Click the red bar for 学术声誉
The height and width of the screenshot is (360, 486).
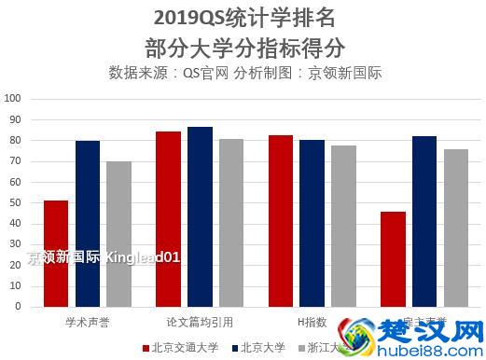56,254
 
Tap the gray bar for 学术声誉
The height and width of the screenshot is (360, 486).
118,234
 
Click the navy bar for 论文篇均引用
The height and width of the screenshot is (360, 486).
200,216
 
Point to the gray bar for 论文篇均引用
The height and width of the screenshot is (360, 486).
231,223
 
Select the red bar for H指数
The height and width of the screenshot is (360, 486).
281,221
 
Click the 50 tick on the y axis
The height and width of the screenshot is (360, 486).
16,202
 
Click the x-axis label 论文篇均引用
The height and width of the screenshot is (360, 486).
199,322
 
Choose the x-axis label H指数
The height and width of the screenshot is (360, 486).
312,322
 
